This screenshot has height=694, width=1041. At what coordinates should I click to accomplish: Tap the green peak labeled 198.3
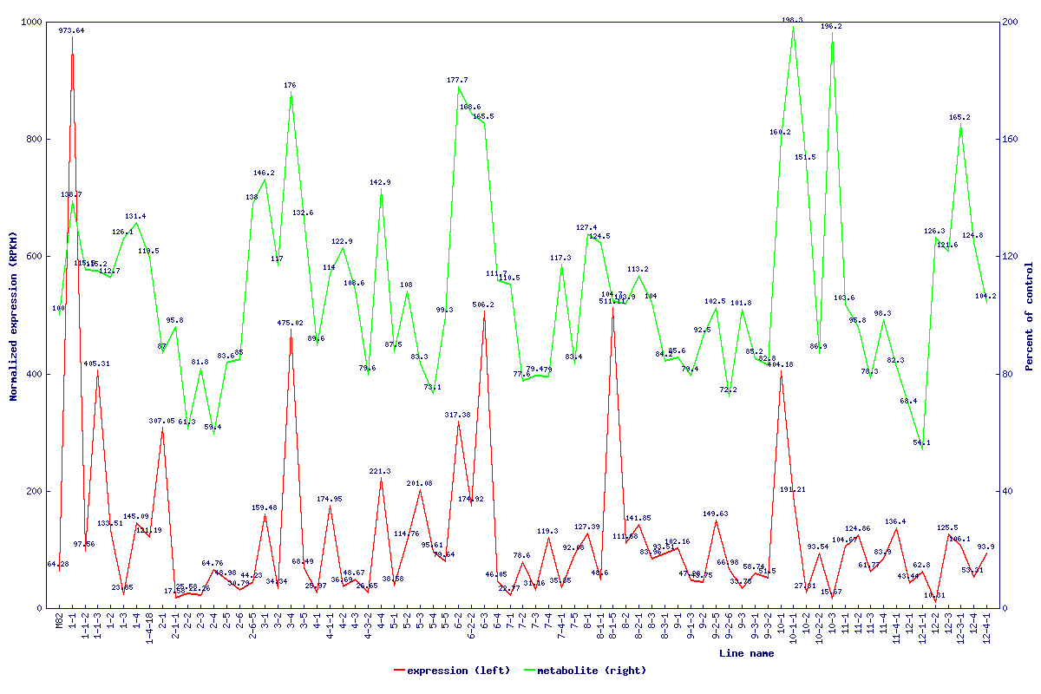click(793, 27)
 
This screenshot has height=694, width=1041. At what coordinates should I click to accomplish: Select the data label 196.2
click(831, 27)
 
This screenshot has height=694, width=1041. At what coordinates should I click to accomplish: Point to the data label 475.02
click(290, 323)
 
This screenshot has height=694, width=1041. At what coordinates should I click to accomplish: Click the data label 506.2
click(483, 305)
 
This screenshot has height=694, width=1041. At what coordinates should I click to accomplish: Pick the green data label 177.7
click(457, 80)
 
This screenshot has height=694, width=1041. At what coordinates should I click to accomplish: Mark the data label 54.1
click(921, 442)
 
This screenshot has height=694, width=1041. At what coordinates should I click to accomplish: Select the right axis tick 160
click(1010, 139)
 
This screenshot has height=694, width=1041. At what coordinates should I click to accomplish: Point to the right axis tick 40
click(1007, 491)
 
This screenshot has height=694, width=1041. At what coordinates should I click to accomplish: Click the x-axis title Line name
click(746, 653)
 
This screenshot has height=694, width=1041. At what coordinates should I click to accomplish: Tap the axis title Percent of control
click(1029, 315)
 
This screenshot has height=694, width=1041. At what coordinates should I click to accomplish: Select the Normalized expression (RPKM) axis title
click(14, 315)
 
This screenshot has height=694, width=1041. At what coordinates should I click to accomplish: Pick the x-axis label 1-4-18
click(150, 629)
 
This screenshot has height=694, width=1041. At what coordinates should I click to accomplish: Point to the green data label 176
click(290, 86)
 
